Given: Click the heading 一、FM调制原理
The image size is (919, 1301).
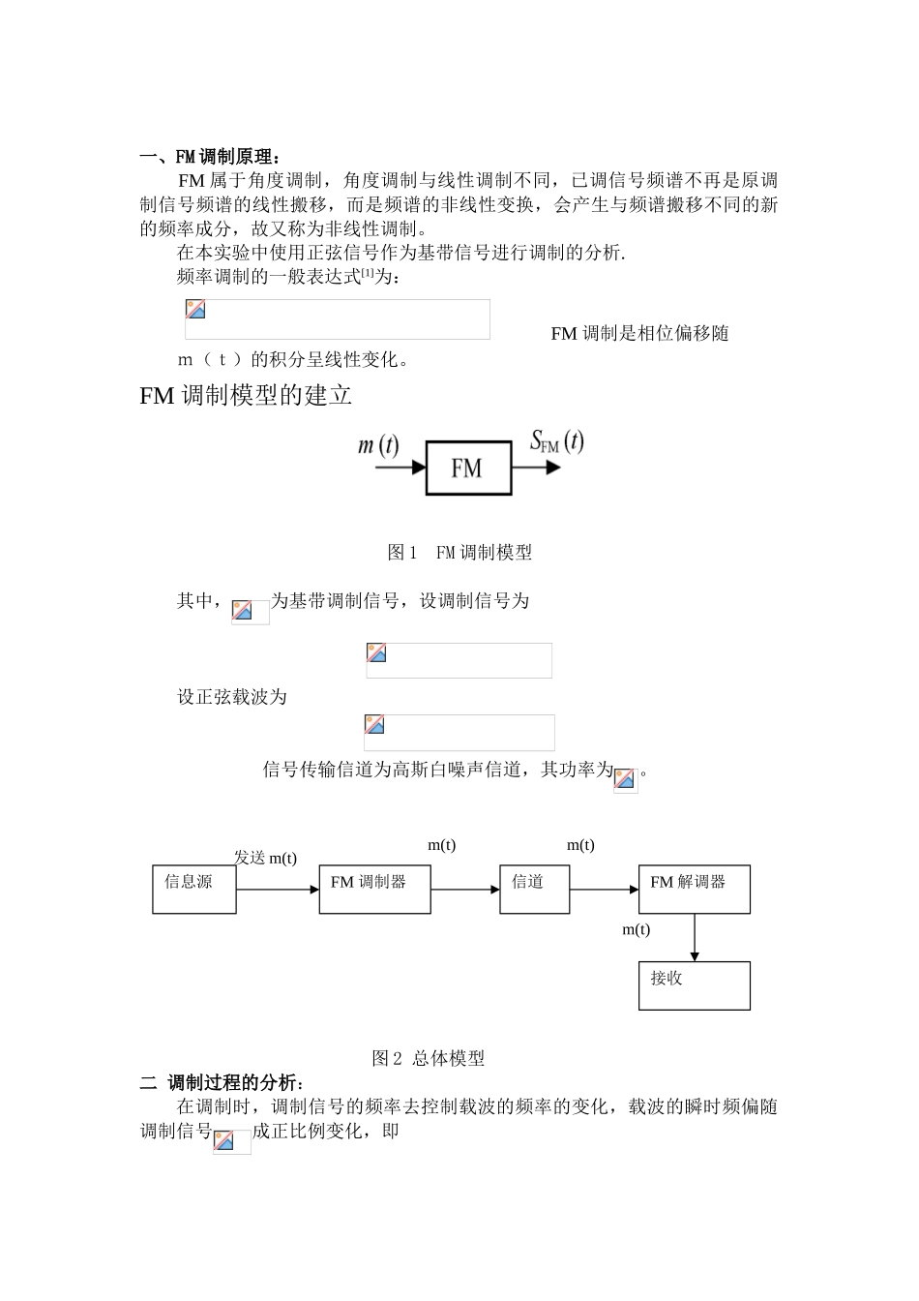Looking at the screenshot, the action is coord(210,157).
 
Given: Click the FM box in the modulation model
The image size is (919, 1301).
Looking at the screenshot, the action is coord(468,469).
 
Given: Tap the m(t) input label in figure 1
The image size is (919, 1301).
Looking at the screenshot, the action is coord(377,445).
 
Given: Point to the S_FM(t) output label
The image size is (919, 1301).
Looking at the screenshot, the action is coord(556,441).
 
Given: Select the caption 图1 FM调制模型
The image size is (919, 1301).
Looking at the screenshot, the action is coord(459,553).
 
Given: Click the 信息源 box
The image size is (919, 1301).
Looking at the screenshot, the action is coord(194,890).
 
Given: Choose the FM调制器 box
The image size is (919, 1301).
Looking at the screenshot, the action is coord(374,890).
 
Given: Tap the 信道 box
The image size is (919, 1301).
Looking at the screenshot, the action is coord(534,890).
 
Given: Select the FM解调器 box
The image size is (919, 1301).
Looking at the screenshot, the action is coord(694,890).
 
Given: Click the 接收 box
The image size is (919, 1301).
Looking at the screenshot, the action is coord(694,985).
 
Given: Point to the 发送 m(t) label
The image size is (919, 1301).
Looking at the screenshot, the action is coord(265,858).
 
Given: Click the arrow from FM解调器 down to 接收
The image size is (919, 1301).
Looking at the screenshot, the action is coord(695,937).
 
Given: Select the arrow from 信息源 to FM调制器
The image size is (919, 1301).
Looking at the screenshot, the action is coord(278,890).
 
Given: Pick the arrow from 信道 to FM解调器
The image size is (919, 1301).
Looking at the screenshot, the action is coord(604,890).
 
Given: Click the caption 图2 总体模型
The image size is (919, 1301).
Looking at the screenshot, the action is coord(429,1058).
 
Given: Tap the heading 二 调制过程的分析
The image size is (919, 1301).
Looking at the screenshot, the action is coord(222,1082).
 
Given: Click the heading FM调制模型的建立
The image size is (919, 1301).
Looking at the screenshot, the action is coord(246,395).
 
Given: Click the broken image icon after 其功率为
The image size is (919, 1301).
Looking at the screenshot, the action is coord(626,779).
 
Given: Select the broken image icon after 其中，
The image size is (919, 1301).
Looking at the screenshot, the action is coord(250,612).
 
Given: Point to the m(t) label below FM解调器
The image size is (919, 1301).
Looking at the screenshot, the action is coord(636,929).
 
